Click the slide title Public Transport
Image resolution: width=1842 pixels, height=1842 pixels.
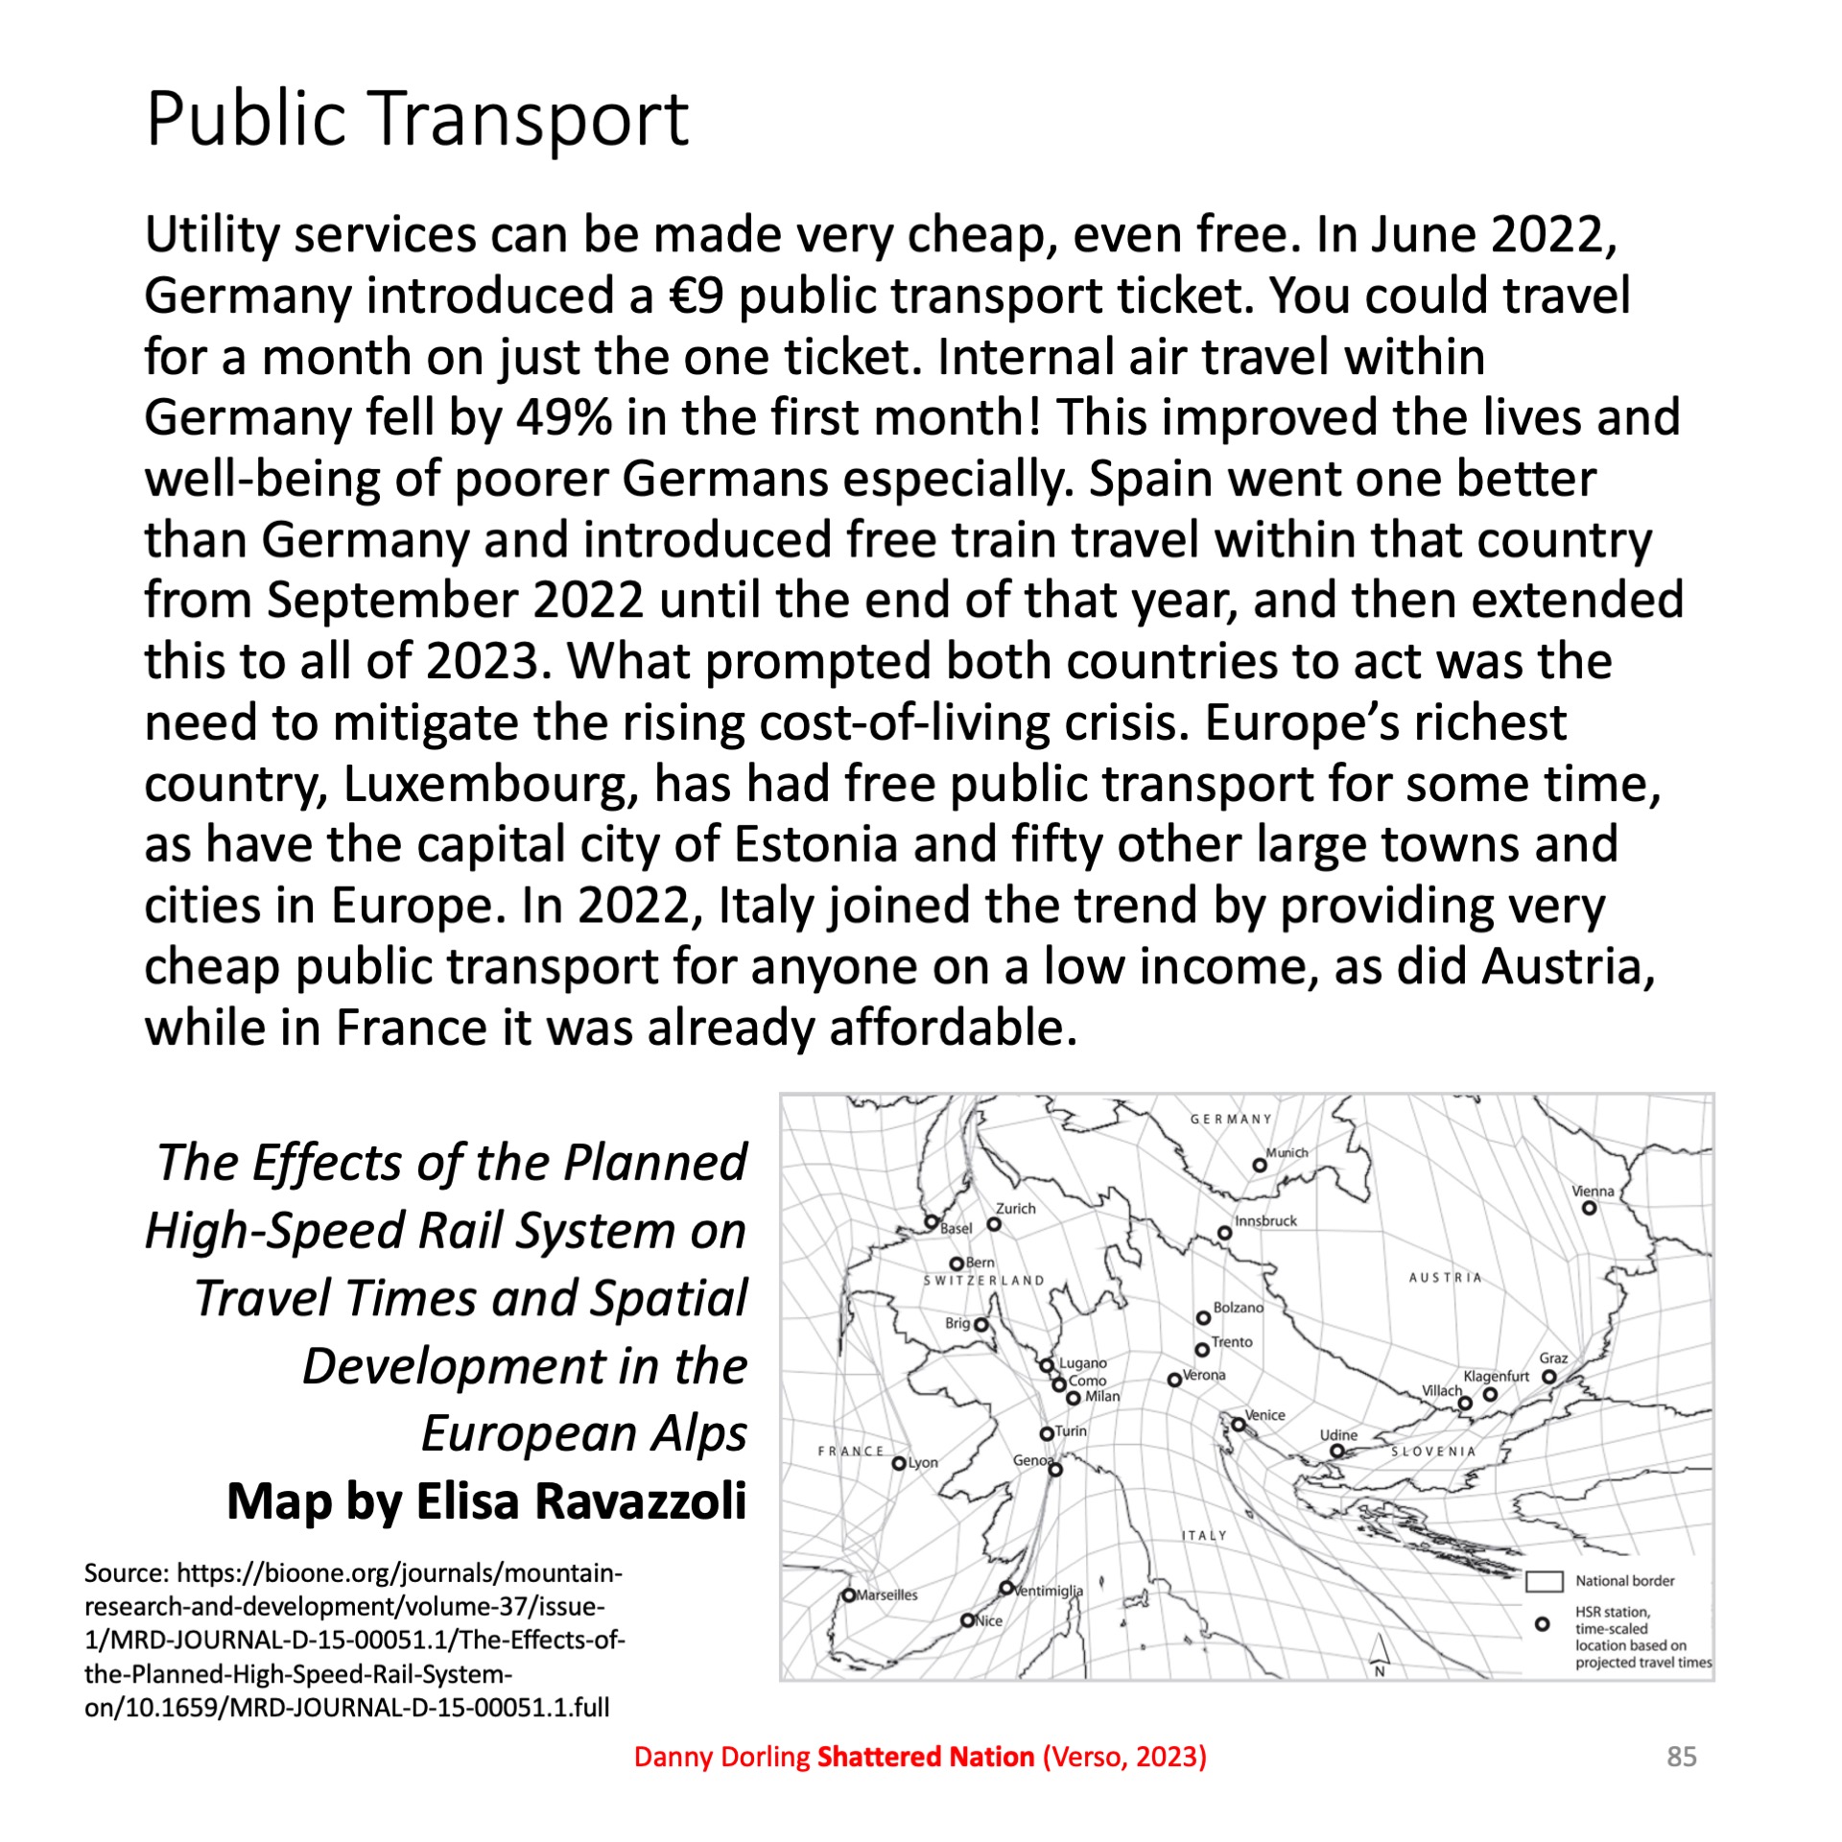click(x=417, y=119)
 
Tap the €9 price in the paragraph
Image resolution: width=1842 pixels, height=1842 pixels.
click(x=696, y=295)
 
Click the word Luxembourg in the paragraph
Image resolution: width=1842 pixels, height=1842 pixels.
click(x=489, y=784)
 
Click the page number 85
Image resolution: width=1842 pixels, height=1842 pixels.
click(x=1682, y=1757)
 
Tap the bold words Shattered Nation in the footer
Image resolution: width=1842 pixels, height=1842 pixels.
click(x=925, y=1757)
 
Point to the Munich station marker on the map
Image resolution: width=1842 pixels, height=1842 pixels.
click(x=1260, y=1166)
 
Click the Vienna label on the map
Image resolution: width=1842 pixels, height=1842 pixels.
click(x=1593, y=1192)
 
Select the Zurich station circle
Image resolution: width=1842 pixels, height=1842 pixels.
click(x=995, y=1224)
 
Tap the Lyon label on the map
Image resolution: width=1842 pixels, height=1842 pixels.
click(x=923, y=1463)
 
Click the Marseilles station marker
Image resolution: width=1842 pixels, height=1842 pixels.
click(x=849, y=1595)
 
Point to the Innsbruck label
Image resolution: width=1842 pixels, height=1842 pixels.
click(x=1265, y=1221)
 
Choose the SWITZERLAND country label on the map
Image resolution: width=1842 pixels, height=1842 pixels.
click(x=983, y=1281)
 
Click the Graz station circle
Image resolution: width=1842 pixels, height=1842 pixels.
click(x=1548, y=1377)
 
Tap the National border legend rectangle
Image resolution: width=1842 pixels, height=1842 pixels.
click(x=1545, y=1581)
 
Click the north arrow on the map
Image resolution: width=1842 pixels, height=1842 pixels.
click(x=1380, y=1651)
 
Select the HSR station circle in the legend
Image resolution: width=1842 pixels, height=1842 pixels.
click(x=1543, y=1624)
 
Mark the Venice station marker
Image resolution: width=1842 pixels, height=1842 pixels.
click(x=1239, y=1425)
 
